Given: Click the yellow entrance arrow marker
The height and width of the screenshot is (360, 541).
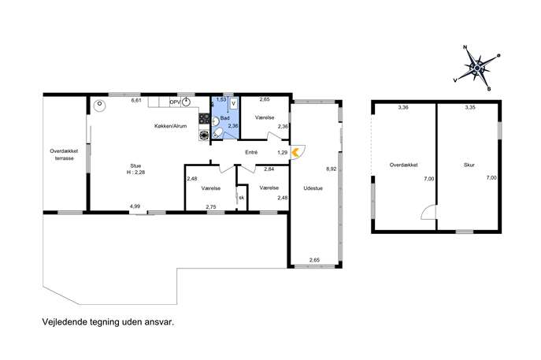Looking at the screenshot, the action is [295, 152].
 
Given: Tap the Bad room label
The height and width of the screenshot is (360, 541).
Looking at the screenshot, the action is [225, 118].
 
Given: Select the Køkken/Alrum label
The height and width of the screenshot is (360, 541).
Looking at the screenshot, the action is [170, 126].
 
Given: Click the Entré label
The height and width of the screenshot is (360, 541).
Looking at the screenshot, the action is [251, 152].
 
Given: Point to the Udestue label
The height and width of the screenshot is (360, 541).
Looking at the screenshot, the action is [313, 188].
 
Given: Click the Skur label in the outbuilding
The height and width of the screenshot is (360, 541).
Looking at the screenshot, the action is [469, 165].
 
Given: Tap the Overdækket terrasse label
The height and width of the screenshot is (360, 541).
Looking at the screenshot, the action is [64, 154].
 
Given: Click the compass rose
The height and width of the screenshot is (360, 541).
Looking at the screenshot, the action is [477, 68].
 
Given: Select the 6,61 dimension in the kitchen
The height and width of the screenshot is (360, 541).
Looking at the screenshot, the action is [136, 101].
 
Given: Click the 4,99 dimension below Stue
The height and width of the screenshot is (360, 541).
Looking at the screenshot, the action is [135, 206].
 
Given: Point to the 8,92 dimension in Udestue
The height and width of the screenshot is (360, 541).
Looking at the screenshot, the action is [331, 169].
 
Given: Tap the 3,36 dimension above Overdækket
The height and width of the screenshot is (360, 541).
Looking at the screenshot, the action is [403, 107].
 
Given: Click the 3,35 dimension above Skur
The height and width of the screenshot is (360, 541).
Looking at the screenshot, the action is [470, 107].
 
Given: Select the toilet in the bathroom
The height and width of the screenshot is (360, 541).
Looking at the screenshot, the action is [218, 133].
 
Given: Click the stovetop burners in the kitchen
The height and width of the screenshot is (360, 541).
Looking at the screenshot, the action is [204, 119].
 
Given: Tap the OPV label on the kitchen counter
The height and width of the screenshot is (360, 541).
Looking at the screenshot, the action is [175, 102].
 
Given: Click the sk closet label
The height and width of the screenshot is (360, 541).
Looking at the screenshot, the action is [242, 198].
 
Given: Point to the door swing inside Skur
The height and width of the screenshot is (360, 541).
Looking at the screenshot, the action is [428, 212].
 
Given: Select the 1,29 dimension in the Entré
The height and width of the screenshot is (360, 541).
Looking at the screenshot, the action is [282, 153].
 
